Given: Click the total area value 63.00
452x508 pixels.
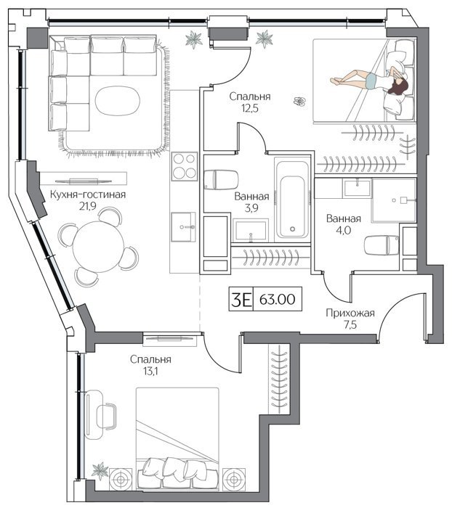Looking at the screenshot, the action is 278,299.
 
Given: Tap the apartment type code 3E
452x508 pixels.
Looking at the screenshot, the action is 241,299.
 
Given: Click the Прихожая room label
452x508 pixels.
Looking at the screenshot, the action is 350,313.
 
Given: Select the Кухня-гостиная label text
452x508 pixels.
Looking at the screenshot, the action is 88,194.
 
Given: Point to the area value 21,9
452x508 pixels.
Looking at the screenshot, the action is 88,206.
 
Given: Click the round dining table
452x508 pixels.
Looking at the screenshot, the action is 98,246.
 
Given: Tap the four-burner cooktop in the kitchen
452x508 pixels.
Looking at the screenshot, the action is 185,166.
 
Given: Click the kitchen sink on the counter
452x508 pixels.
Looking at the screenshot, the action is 184,226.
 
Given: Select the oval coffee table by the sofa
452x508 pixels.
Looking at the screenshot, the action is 118,101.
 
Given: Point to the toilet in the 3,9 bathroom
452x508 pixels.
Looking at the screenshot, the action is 221,179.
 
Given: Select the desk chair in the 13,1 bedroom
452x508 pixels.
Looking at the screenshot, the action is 107,416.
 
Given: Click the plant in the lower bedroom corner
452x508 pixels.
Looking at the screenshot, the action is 100,470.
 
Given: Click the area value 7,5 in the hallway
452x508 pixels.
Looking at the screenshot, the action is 350,324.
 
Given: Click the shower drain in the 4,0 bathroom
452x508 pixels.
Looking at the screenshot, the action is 394,200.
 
